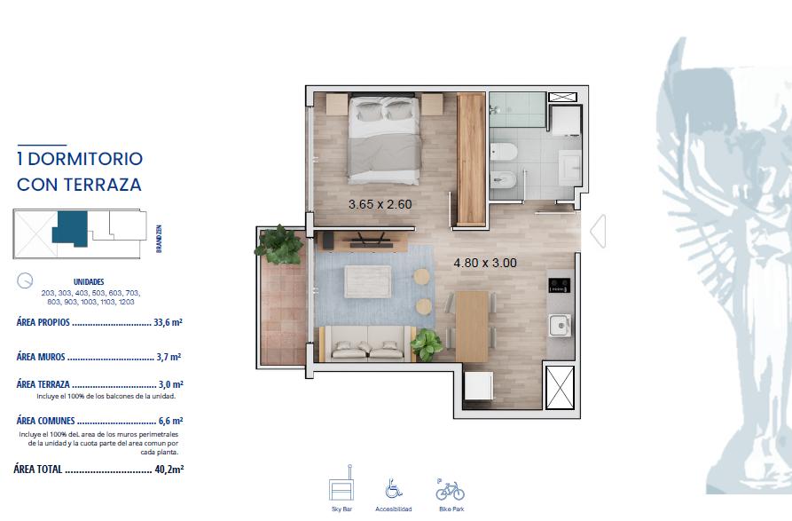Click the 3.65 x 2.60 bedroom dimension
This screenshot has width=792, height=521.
pyautogui.click(x=380, y=204)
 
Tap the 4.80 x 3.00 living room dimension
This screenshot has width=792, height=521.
pyautogui.click(x=485, y=263)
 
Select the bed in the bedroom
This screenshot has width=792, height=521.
pyautogui.click(x=384, y=139)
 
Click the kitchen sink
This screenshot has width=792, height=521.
pyautogui.click(x=561, y=325)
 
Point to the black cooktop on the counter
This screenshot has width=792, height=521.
pyautogui.click(x=560, y=285)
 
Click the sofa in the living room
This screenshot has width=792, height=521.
pyautogui.click(x=368, y=343)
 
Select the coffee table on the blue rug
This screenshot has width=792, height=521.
pyautogui.click(x=368, y=281)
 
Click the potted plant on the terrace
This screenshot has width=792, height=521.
pyautogui.click(x=278, y=245)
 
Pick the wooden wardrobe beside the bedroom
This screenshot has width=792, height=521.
pyautogui.click(x=471, y=159)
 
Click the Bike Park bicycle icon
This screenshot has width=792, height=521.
pyautogui.click(x=450, y=490)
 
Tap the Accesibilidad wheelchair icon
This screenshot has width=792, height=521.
pyautogui.click(x=394, y=488)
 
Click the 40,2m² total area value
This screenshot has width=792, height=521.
pyautogui.click(x=169, y=470)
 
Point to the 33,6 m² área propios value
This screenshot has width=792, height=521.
pyautogui.click(x=168, y=322)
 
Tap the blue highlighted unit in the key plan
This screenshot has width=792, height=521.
pyautogui.click(x=71, y=228)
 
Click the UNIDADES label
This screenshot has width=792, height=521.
pyautogui.click(x=89, y=282)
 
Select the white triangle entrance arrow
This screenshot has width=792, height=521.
pyautogui.click(x=598, y=231)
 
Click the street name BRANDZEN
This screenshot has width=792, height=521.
pyautogui.click(x=159, y=239)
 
